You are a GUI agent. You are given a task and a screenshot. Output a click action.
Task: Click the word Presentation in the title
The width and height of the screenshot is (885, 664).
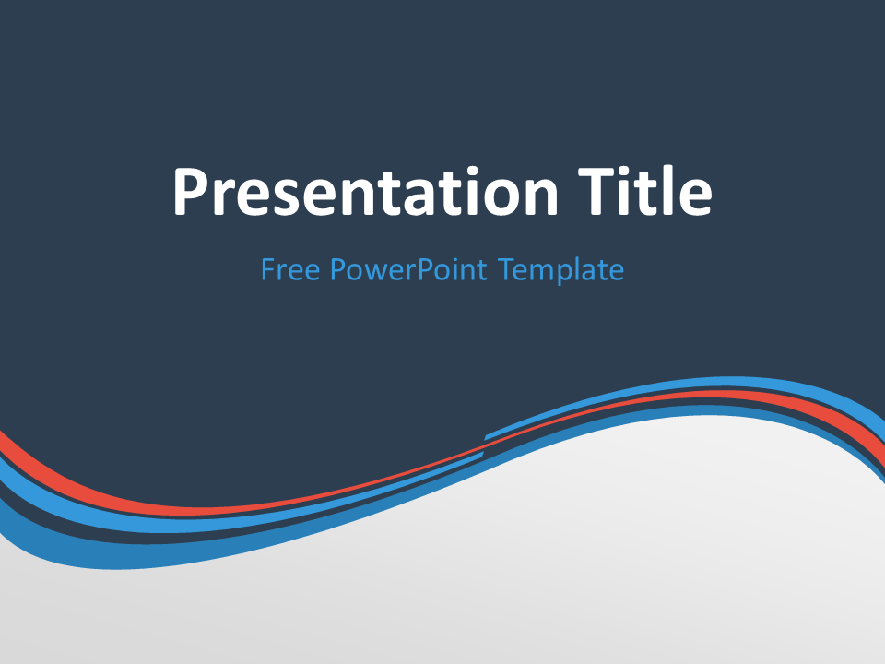tap(365, 192)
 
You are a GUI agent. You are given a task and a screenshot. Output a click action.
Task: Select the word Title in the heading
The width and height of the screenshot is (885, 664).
tap(644, 190)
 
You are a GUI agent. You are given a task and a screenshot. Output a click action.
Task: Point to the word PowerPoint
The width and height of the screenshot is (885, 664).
tap(408, 269)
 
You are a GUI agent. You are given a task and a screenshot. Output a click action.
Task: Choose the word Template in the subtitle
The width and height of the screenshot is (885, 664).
tap(561, 270)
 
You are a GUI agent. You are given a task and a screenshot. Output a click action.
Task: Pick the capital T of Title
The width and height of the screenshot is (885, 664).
tap(596, 192)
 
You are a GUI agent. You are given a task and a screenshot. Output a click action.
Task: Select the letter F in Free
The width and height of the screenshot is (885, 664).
tap(268, 269)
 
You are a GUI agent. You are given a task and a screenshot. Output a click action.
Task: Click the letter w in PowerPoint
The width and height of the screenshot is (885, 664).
tap(374, 273)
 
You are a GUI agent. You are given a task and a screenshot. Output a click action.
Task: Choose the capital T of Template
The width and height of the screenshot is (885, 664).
tap(507, 269)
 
